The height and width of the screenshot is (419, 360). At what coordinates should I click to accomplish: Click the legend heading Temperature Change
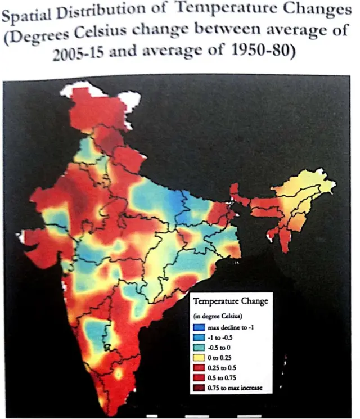click(x=230, y=301)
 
